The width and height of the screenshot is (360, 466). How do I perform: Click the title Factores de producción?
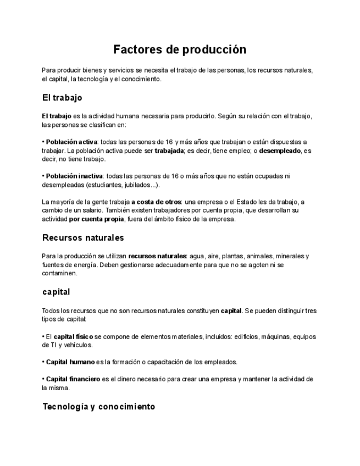pyautogui.click(x=180, y=49)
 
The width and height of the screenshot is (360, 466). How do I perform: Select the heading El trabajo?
pyautogui.click(x=62, y=98)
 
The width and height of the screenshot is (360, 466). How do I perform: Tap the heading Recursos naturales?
pyautogui.click(x=82, y=238)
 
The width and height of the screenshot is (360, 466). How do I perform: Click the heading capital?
pyautogui.click(x=56, y=292)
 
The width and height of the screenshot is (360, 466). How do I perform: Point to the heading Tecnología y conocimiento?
pyautogui.click(x=98, y=407)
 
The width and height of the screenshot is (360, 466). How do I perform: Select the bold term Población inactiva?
pyautogui.click(x=71, y=176)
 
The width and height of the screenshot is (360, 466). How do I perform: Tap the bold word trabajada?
pyautogui.click(x=169, y=151)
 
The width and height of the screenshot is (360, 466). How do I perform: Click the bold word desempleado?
pyautogui.click(x=280, y=151)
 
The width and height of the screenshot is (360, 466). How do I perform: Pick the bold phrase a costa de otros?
pyautogui.click(x=156, y=202)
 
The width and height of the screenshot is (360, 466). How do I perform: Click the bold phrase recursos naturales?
pyautogui.click(x=157, y=256)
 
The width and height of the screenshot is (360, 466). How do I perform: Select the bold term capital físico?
pyautogui.click(x=73, y=336)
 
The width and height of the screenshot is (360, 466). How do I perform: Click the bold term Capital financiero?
pyautogui.click(x=73, y=379)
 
